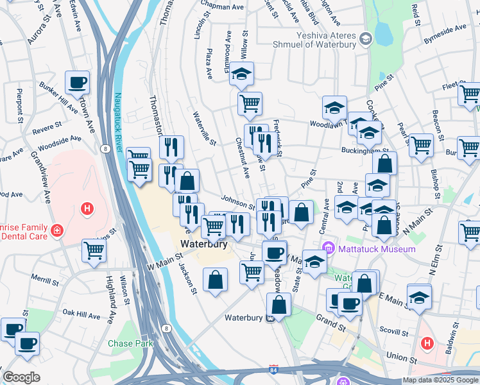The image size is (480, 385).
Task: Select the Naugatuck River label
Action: [118, 122]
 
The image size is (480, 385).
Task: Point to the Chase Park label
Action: [130, 343]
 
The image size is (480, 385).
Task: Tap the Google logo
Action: [22, 377]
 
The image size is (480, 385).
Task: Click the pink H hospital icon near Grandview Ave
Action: [86, 209]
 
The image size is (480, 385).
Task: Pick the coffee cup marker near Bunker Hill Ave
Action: [77, 82]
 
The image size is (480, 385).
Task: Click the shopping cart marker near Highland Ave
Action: [94, 250]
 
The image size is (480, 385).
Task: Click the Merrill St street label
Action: [44, 281]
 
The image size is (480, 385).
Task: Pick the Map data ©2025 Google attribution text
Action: [440, 380]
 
